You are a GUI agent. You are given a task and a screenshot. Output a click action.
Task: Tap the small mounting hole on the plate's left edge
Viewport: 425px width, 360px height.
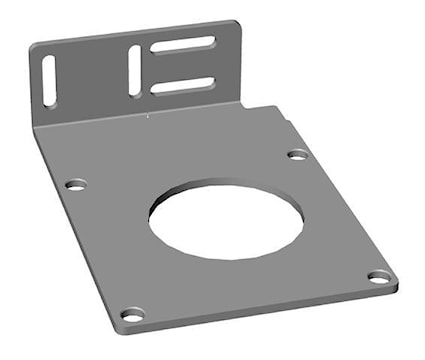[x=76, y=185]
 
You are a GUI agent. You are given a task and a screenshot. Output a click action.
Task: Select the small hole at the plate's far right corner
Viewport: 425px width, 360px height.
[x=379, y=277]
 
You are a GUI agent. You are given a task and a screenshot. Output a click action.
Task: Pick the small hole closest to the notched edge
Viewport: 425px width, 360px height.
[x=297, y=154]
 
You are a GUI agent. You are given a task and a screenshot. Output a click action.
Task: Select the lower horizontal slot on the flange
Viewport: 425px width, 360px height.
[x=183, y=85]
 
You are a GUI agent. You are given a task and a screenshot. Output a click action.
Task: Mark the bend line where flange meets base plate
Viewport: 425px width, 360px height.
[x=140, y=116]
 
